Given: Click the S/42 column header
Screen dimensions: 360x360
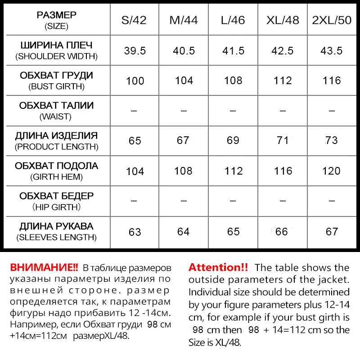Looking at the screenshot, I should point(135,21).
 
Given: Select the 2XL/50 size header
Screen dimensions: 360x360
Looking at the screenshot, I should point(331,21).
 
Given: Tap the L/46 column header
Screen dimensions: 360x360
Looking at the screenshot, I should point(233,21).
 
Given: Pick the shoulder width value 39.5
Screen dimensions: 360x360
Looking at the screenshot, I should point(135,51).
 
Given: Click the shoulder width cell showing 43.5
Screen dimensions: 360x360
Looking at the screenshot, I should point(331,51).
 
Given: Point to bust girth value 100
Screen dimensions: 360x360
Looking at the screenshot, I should point(135,81).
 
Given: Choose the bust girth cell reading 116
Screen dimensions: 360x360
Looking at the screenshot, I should point(331,81).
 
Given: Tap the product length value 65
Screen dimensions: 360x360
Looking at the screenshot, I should point(135,141).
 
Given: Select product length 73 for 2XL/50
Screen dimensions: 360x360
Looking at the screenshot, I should point(331,140).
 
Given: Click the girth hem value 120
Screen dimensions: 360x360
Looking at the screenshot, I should point(331,171).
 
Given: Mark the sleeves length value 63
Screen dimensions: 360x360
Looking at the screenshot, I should point(135,232).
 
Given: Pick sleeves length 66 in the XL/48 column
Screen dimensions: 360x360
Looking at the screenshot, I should point(282,232).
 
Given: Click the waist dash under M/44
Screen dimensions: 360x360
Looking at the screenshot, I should point(184,111).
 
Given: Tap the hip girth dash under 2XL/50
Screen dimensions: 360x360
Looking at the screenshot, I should point(331,201).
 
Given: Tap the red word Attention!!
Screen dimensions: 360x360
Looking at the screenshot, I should point(218,267).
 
